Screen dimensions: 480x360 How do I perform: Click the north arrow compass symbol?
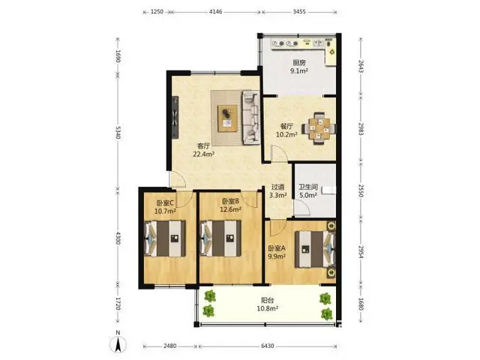118,343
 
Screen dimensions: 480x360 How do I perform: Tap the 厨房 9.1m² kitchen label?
299,67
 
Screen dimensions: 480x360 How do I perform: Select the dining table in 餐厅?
319,128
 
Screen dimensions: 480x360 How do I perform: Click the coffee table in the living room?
227,118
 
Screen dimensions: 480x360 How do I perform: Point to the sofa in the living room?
251,117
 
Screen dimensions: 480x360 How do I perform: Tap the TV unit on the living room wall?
175,117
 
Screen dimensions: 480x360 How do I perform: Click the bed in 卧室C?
165,238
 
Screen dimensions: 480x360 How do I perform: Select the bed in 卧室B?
220,238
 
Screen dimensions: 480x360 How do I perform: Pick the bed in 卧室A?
315,249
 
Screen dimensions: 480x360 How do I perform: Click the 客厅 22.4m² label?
203,150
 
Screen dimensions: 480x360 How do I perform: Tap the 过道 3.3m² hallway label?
278,191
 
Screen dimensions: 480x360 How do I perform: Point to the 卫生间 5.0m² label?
308,191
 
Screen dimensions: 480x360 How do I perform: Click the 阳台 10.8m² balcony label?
267,304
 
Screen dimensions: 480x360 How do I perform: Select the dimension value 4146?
215,12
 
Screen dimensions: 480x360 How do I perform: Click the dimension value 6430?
267,346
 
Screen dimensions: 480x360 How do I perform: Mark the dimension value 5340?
118,132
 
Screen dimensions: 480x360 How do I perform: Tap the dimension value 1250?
157,12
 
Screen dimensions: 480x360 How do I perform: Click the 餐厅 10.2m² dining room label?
286,130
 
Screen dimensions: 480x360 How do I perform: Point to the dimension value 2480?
170,346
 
